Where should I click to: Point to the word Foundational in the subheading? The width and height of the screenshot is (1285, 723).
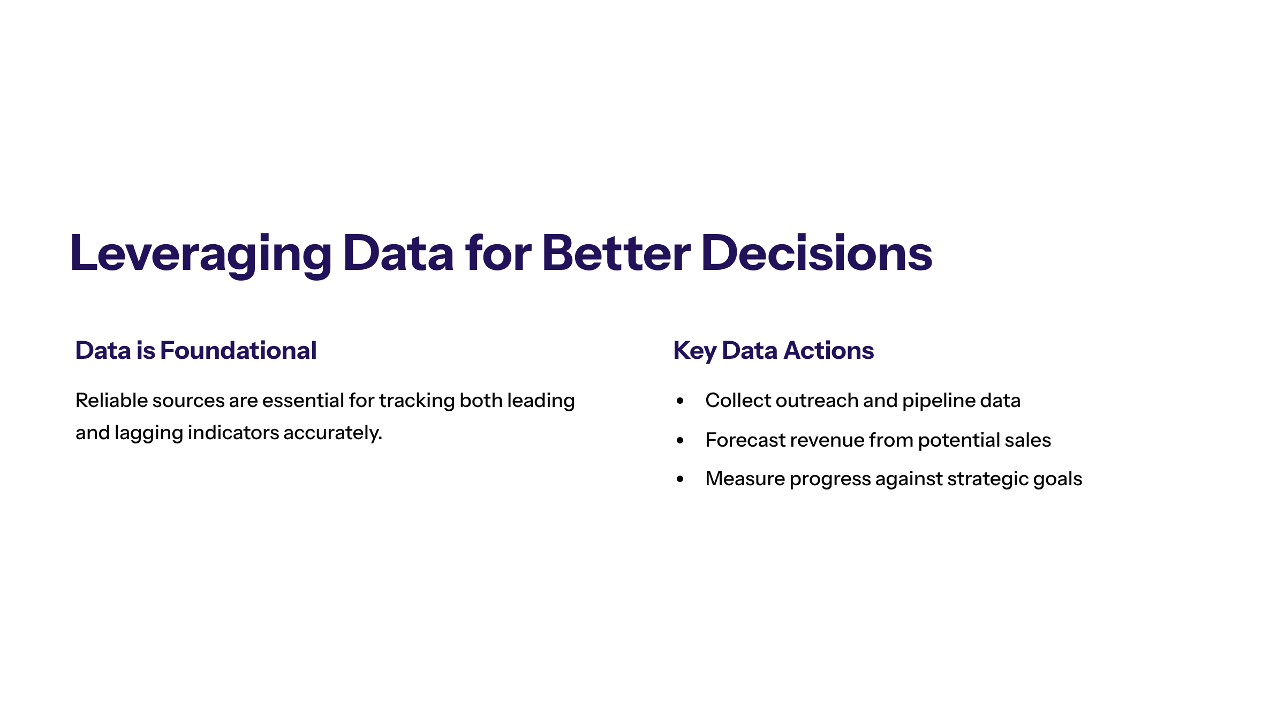click(239, 350)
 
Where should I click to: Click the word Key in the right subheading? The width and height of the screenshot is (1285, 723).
click(695, 351)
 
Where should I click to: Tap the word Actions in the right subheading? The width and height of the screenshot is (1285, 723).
click(829, 350)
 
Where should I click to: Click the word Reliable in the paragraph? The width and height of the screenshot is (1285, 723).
click(111, 400)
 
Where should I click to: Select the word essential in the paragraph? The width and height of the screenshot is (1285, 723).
click(303, 400)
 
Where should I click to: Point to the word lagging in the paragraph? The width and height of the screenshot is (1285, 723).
click(149, 433)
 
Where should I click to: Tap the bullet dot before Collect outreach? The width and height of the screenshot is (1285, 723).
click(680, 401)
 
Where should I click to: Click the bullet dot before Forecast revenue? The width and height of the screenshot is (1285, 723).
click(680, 440)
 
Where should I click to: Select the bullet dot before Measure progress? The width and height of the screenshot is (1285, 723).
click(680, 479)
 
